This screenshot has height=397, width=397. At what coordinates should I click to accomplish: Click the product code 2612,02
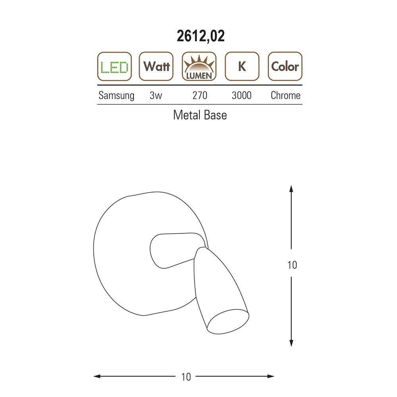(200, 36)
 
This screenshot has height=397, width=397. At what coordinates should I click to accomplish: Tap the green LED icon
(114, 66)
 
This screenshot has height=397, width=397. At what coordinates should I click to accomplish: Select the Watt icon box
(156, 66)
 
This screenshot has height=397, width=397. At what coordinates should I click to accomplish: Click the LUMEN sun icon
(199, 66)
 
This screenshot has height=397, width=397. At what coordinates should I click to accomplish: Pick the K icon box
(242, 66)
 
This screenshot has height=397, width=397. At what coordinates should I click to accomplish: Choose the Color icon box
(285, 66)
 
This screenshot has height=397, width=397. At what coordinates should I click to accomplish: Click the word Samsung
(116, 96)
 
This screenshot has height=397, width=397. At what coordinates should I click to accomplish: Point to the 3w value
(156, 95)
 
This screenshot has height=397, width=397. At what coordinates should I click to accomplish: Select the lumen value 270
(200, 95)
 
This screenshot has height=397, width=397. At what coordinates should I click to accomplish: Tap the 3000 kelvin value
(241, 95)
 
